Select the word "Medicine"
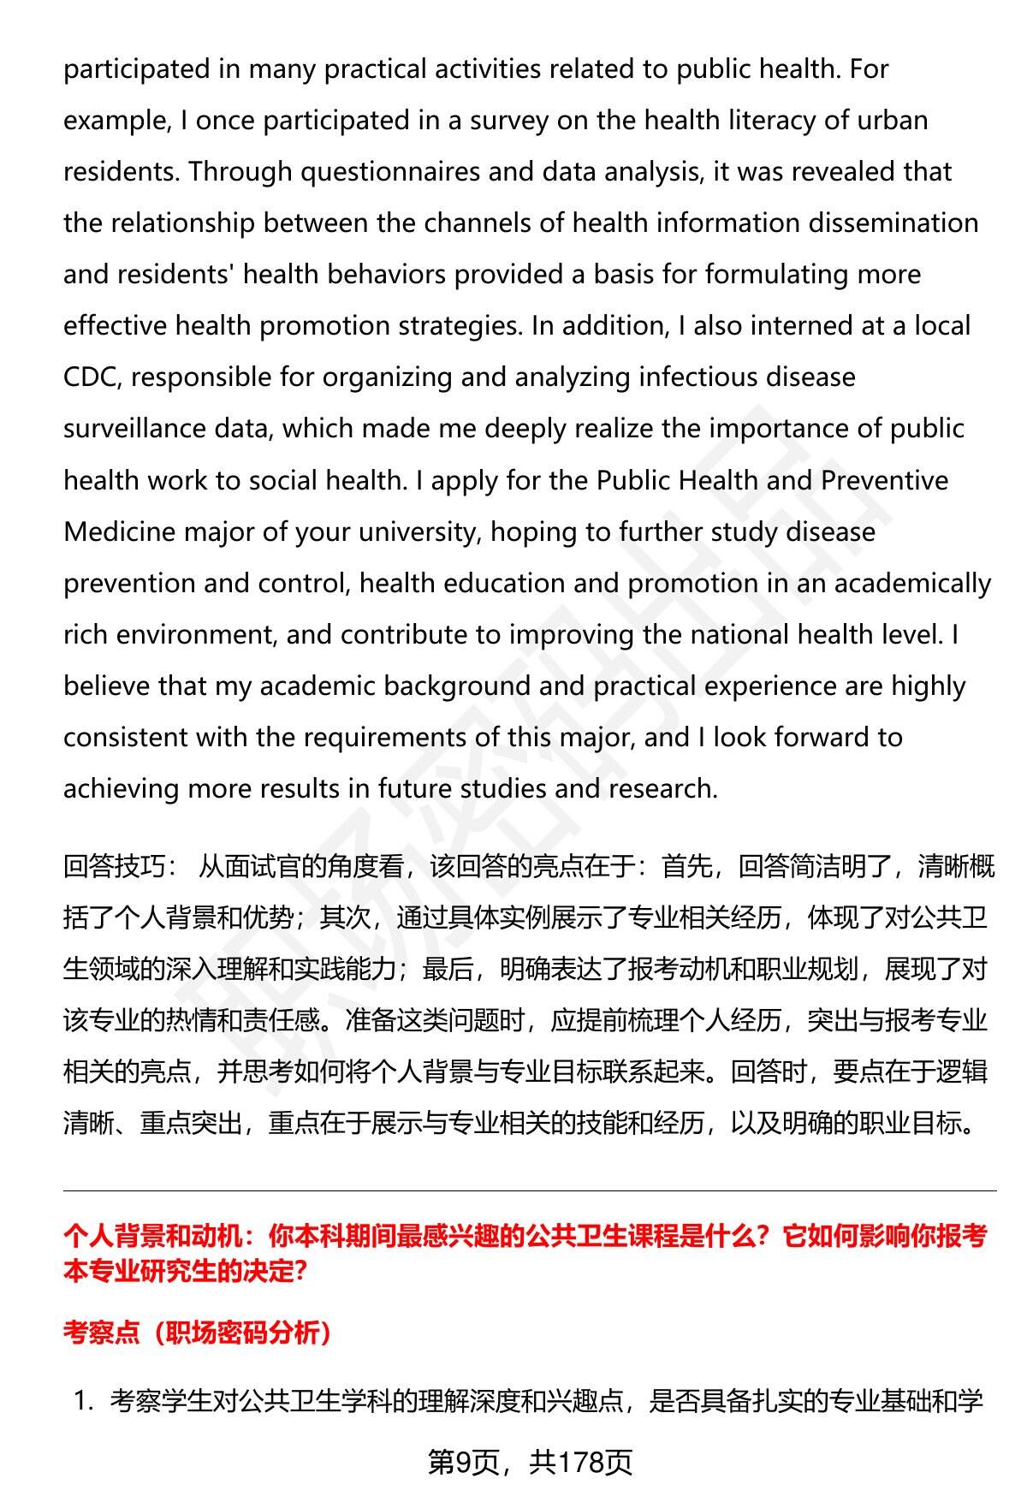(x=120, y=531)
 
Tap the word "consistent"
(x=125, y=737)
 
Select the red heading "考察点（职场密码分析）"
(x=198, y=1333)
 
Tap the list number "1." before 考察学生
(x=85, y=1401)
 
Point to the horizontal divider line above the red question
(x=530, y=1190)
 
